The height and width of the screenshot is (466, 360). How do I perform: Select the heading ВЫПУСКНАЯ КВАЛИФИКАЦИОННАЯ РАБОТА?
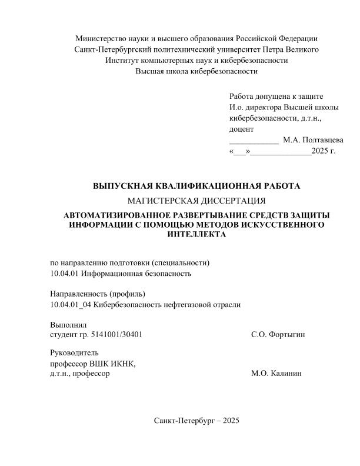click(x=196, y=187)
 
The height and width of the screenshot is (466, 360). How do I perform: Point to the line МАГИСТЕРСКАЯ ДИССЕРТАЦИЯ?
click(x=196, y=201)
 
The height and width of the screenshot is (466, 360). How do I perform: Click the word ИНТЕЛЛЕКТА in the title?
click(x=196, y=234)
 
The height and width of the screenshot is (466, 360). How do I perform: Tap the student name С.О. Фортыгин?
click(x=278, y=335)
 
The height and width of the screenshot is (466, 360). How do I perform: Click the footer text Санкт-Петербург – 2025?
click(x=196, y=421)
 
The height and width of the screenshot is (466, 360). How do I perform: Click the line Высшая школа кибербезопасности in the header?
click(x=196, y=71)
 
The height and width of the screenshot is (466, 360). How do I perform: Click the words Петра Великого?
click(x=292, y=49)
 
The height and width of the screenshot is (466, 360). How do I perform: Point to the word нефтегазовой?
click(x=185, y=304)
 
